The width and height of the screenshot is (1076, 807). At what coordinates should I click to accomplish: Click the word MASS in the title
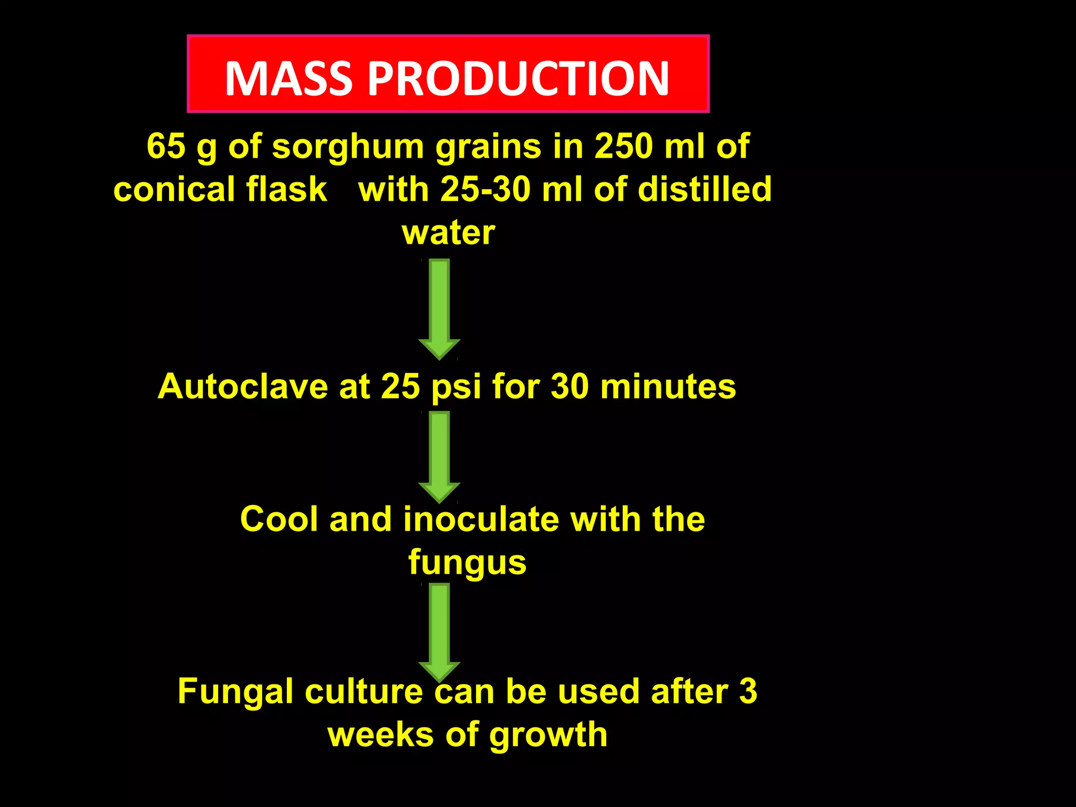tap(288, 78)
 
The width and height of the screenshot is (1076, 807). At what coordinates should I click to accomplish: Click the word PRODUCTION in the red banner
tap(518, 78)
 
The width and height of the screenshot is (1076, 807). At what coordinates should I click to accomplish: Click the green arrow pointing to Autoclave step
tap(439, 309)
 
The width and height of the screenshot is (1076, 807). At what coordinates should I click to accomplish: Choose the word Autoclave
tap(243, 387)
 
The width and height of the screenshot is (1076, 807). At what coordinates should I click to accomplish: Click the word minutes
tap(668, 387)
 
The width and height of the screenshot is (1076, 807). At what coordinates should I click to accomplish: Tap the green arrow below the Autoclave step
tap(439, 456)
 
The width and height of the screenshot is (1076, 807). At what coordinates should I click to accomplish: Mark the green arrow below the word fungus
tap(439, 630)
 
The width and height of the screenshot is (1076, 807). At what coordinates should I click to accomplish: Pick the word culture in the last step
tap(364, 691)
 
